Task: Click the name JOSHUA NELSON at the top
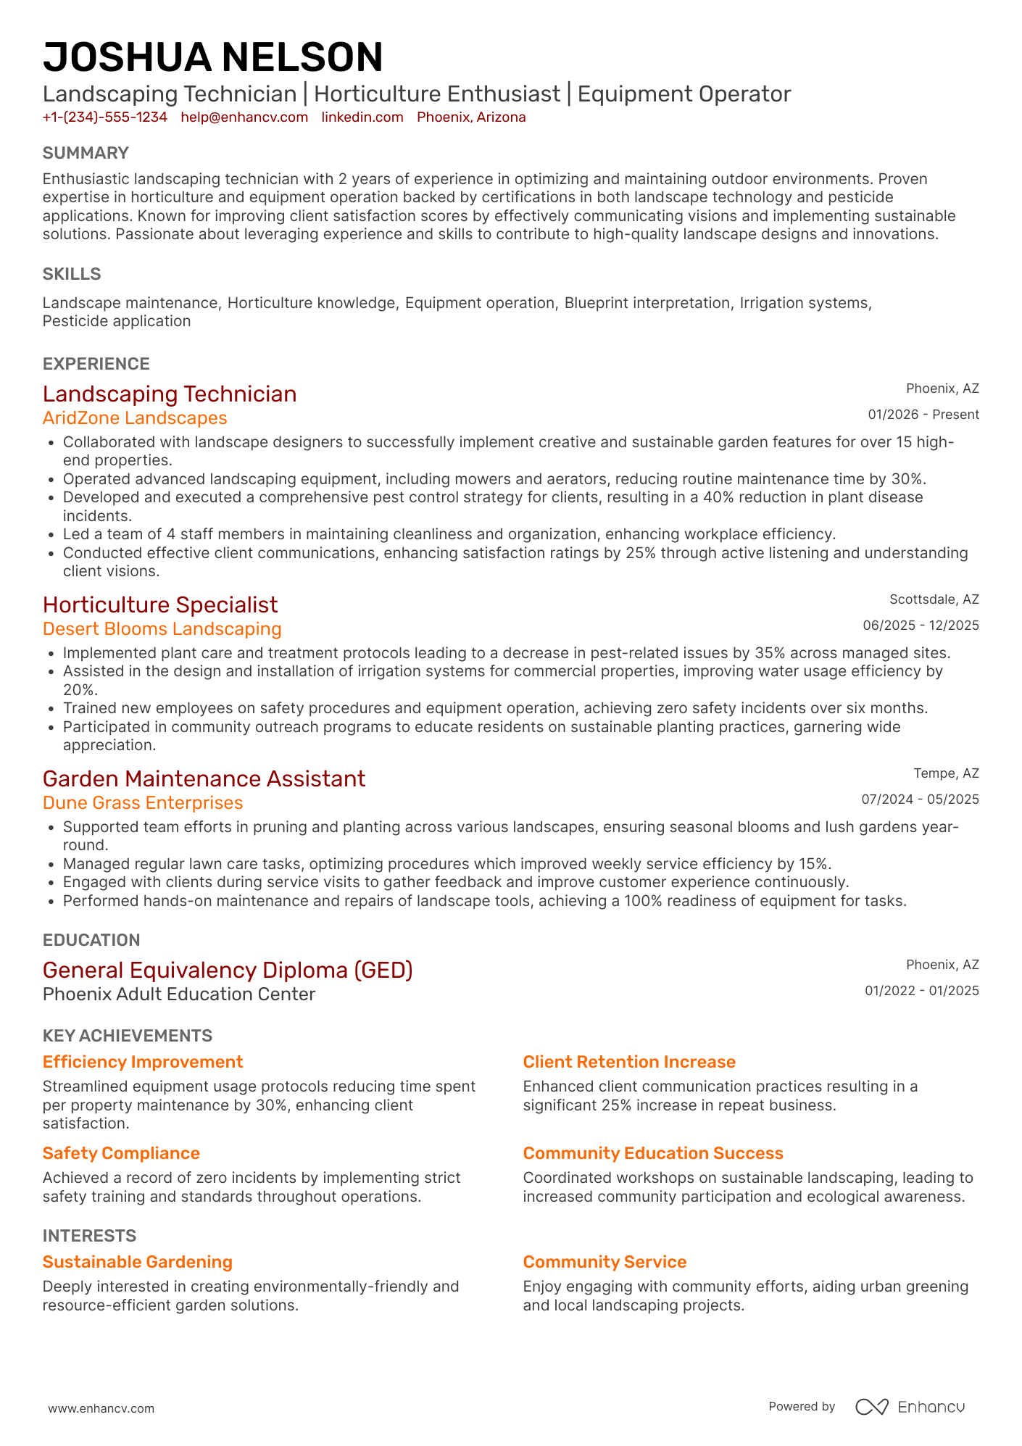[212, 57]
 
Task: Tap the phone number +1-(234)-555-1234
[105, 117]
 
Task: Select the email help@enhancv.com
[244, 117]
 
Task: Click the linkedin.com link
[362, 117]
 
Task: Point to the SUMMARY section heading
[86, 153]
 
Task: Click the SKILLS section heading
[72, 274]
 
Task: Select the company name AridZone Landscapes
[135, 418]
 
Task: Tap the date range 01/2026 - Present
[923, 415]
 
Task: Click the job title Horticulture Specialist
[160, 604]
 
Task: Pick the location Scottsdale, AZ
[934, 599]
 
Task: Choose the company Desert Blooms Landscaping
[162, 629]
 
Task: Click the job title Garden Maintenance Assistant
[204, 778]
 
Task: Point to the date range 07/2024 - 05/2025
[920, 799]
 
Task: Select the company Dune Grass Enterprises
[143, 803]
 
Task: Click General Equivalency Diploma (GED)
[228, 970]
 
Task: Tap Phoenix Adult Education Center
[179, 994]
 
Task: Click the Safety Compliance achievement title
[121, 1153]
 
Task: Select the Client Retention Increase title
[629, 1062]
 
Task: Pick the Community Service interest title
[605, 1262]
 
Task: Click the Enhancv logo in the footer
[910, 1407]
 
